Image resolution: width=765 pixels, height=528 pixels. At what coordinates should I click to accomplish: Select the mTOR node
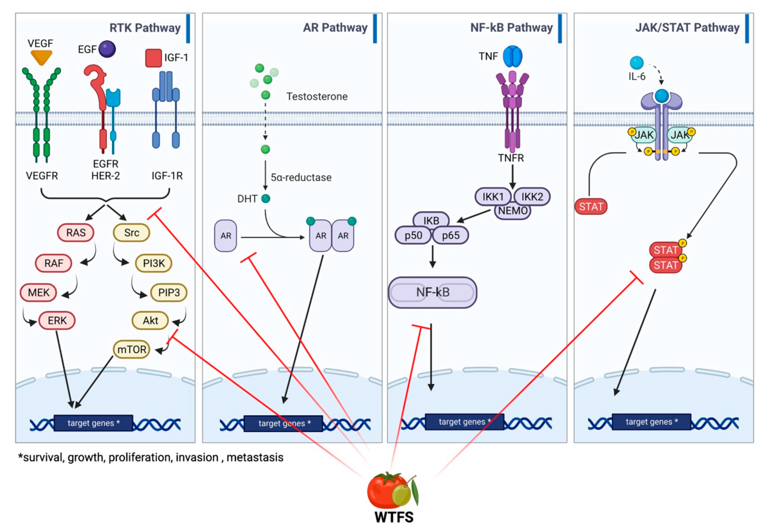(x=131, y=349)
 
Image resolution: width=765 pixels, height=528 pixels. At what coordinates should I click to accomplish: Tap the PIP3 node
(x=169, y=292)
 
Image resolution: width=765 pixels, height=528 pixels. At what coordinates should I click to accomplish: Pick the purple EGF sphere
(x=107, y=49)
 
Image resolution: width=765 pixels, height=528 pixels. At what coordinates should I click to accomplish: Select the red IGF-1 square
(x=153, y=58)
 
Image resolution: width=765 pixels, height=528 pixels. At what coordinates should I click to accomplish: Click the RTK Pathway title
(x=145, y=28)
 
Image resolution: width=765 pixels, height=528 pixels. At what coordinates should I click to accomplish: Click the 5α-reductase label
(x=301, y=178)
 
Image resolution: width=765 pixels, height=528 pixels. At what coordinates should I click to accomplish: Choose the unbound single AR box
(x=226, y=236)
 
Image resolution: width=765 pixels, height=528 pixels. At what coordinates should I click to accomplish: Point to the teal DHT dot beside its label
(x=266, y=199)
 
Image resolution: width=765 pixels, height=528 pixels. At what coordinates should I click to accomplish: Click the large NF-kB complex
(x=432, y=292)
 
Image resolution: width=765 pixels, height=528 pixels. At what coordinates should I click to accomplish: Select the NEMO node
(x=513, y=211)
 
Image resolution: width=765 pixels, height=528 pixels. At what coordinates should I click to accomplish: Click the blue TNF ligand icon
(x=512, y=56)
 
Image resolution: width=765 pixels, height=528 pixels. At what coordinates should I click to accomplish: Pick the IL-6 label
(x=637, y=77)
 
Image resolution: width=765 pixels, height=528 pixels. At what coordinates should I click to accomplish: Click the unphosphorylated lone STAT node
(x=591, y=207)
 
